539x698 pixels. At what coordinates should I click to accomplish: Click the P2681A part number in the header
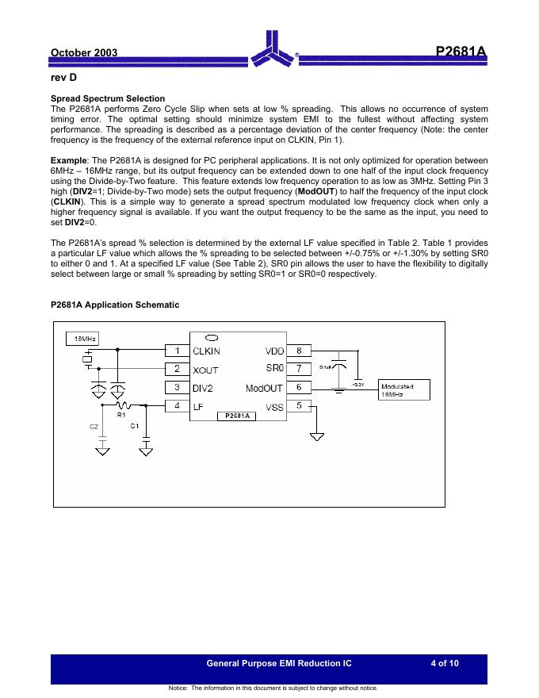click(x=461, y=52)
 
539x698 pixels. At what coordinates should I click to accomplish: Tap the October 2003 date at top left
click(x=84, y=53)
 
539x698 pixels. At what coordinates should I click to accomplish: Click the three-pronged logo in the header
click(x=273, y=50)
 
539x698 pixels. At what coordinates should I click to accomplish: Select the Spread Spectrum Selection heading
click(x=108, y=99)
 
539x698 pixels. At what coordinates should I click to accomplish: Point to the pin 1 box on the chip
click(x=177, y=350)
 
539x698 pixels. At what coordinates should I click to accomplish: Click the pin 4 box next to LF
click(x=177, y=406)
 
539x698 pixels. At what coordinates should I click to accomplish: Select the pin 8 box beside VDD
click(x=298, y=350)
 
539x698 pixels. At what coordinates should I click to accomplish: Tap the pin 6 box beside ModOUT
click(x=298, y=387)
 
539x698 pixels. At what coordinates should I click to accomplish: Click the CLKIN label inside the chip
click(x=207, y=351)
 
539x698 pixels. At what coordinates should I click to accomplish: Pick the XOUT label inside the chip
click(x=206, y=370)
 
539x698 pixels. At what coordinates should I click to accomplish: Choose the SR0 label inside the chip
click(x=274, y=368)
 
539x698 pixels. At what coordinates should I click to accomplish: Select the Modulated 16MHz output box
click(x=406, y=389)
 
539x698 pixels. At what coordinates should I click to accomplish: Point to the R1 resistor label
click(x=121, y=415)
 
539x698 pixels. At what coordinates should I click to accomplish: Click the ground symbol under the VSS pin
click(x=318, y=436)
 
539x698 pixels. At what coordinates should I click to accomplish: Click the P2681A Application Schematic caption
click(x=115, y=305)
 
